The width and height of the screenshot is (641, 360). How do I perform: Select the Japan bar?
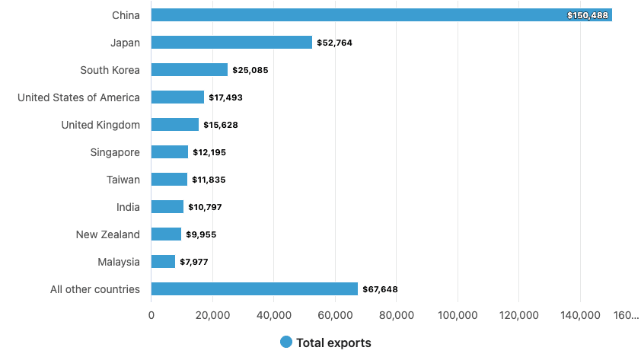coord(231,43)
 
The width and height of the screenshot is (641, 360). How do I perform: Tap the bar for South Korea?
coord(190,70)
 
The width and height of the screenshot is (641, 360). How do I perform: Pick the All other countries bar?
coord(254,289)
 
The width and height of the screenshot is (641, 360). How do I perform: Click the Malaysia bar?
coord(164,262)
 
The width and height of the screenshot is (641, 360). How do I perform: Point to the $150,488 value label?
coord(588,15)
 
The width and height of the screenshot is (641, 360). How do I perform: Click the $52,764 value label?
coord(334,43)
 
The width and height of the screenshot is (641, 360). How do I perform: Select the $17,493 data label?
coord(225,97)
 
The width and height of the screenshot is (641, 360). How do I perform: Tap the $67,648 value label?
coord(380,289)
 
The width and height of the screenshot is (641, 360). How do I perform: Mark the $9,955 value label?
coord(201,234)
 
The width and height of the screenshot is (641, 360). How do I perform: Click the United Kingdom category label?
coord(100,125)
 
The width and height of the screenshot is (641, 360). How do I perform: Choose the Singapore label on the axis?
coord(115,152)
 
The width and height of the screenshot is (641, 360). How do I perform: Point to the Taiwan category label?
coord(123,180)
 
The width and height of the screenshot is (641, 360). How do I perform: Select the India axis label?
coord(128,207)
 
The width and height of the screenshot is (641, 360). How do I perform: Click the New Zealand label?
coord(108,234)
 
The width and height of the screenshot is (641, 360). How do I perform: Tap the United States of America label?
coord(78,97)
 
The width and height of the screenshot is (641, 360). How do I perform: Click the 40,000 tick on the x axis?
coord(274,315)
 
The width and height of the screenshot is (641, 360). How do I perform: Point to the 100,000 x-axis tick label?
coord(458,315)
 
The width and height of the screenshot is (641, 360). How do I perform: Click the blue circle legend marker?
coord(286,342)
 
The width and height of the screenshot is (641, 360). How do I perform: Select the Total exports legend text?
coord(333,342)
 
